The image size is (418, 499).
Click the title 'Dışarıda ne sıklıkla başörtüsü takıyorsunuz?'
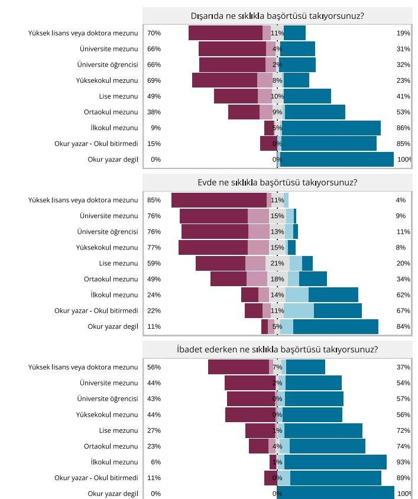(x=277, y=16)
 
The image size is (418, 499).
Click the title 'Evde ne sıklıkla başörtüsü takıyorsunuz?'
(x=277, y=183)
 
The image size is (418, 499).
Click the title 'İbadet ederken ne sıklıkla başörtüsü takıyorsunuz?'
(x=277, y=349)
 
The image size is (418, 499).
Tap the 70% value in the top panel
(x=154, y=33)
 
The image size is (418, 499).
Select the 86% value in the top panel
(x=403, y=128)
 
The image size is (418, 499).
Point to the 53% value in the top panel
(x=403, y=112)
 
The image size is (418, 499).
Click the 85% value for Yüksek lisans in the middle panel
(x=154, y=200)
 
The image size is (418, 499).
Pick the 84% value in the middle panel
(x=403, y=326)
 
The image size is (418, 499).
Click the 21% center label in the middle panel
(x=277, y=263)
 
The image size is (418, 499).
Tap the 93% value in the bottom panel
(x=403, y=462)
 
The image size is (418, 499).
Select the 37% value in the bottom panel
(x=403, y=367)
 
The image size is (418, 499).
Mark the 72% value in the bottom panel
(x=403, y=430)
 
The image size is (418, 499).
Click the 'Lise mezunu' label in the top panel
(x=118, y=96)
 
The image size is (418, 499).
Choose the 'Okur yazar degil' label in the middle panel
(x=113, y=326)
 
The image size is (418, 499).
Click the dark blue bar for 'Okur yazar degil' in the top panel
(x=337, y=159)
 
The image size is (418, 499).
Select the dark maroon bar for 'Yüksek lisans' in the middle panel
(x=219, y=200)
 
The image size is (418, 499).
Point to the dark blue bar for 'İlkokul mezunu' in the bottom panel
(x=335, y=462)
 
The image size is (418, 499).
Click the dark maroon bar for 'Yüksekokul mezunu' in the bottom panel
(x=250, y=414)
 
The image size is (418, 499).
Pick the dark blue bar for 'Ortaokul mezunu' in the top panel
(x=315, y=112)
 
